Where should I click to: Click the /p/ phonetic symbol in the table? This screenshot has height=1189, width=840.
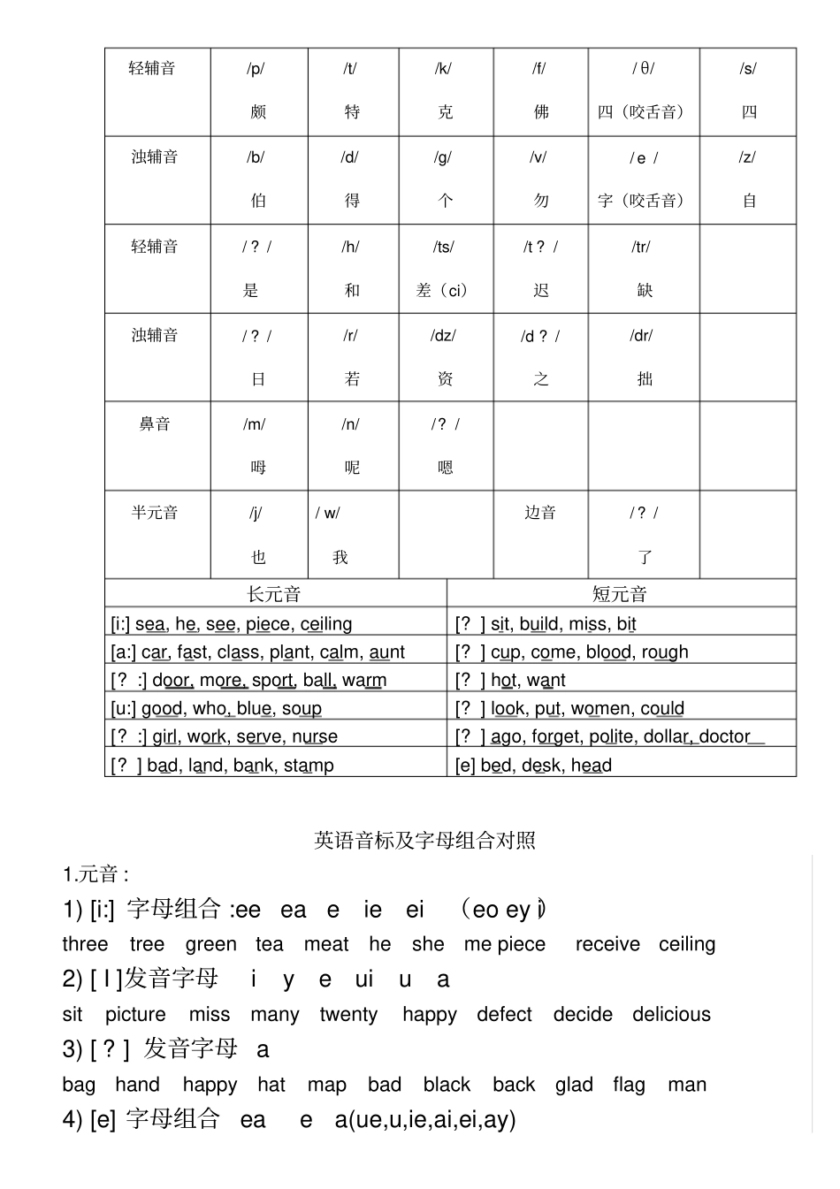pos(256,69)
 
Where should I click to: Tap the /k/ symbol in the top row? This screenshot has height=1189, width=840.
pos(443,69)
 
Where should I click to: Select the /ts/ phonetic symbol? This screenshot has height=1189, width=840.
pos(443,248)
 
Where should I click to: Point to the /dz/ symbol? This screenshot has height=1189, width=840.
pos(443,336)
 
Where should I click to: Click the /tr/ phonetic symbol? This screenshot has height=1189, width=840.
pos(641,248)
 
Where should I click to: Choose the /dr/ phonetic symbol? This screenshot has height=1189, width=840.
pos(641,336)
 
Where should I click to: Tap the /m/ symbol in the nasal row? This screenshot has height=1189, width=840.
pos(255,424)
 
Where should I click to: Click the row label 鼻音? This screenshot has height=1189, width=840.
pos(155,424)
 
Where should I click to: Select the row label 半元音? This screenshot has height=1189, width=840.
pos(155,513)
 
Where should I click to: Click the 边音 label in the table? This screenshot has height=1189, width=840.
pos(540,513)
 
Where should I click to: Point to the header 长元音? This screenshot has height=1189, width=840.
pos(274,594)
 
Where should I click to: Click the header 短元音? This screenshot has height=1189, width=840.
pos(620,594)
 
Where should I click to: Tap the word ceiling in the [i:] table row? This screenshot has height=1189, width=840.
pos(326,624)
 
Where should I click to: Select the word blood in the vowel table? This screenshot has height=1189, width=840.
pos(609,652)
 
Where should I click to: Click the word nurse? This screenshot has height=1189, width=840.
pos(315,737)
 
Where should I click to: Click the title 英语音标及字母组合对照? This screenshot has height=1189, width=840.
pos(424,841)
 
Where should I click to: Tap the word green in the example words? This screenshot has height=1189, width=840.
pos(211,944)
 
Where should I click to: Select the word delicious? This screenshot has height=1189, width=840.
pos(671,1015)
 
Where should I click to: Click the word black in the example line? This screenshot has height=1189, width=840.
pos(447,1085)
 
